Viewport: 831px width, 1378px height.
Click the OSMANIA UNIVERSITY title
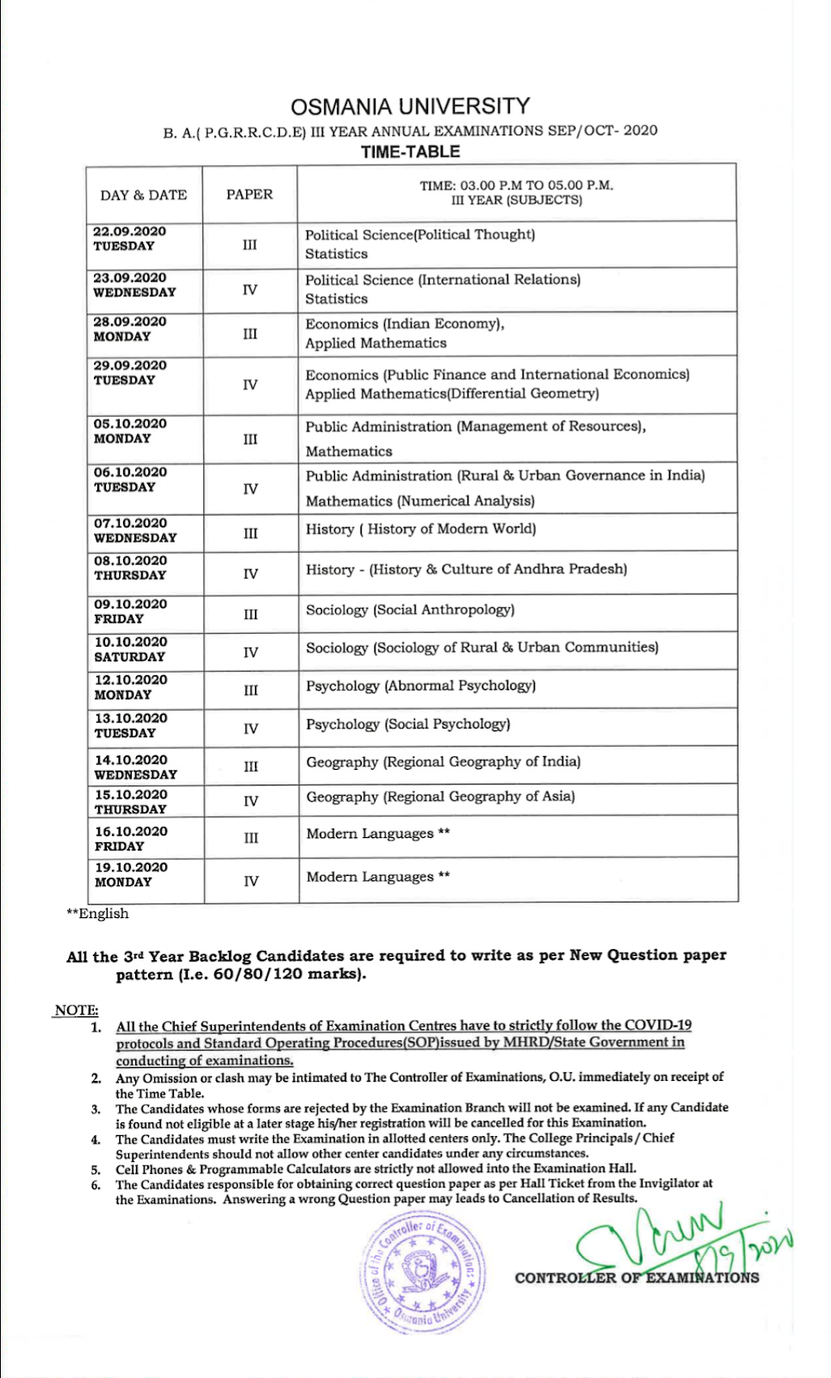pos(410,107)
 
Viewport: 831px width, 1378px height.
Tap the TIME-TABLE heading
pos(410,152)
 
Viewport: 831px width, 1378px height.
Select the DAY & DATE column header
pos(143,195)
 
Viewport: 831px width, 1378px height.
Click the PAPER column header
pos(250,195)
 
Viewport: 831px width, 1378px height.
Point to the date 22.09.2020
pos(130,232)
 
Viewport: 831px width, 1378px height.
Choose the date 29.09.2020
pos(130,365)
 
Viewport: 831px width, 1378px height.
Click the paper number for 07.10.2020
pos(251,534)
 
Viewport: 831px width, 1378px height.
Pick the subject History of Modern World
pos(421,529)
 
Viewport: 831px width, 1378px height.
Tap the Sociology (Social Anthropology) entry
pos(410,610)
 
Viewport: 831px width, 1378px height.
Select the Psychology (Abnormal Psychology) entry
pos(420,686)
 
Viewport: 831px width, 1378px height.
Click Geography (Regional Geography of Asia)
pos(440,797)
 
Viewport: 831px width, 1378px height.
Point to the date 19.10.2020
pos(131,867)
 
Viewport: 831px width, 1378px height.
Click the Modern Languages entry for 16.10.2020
pos(378,834)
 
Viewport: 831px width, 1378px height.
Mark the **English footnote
pos(97,914)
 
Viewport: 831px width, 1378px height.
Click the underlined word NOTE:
pos(77,1010)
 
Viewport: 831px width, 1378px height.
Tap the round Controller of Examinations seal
pos(422,1273)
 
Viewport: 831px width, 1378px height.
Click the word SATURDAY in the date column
pos(129,657)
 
